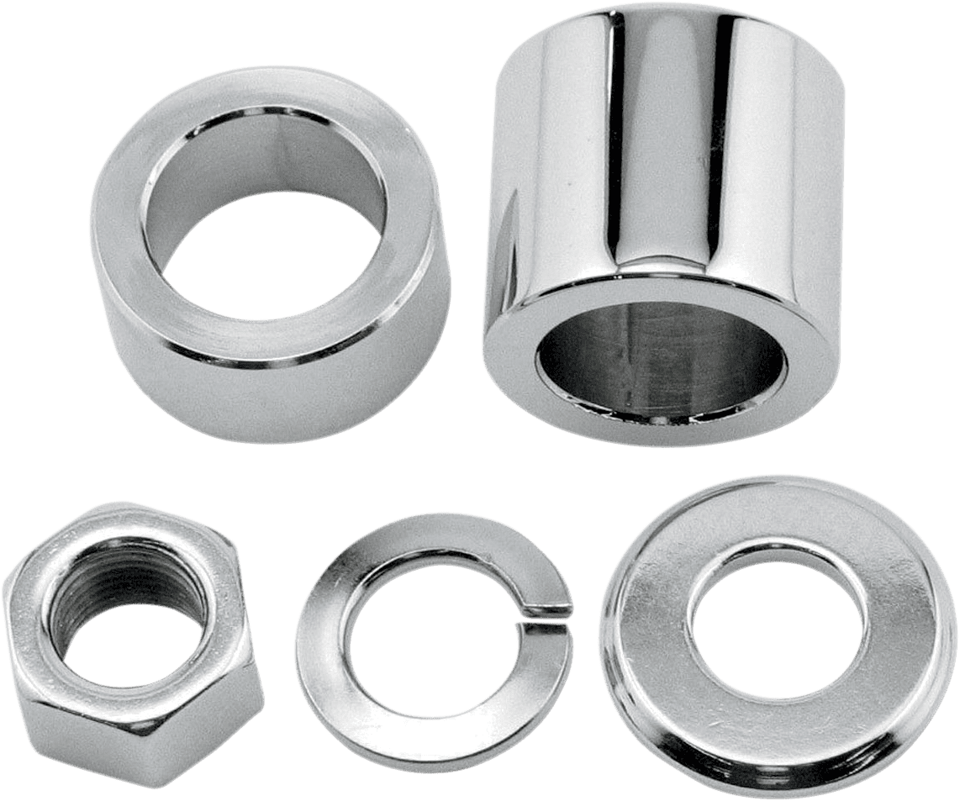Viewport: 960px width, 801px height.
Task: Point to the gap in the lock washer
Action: [x=546, y=614]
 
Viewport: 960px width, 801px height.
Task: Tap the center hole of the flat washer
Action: [x=769, y=609]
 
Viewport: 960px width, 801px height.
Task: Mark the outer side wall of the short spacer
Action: [x=219, y=378]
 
